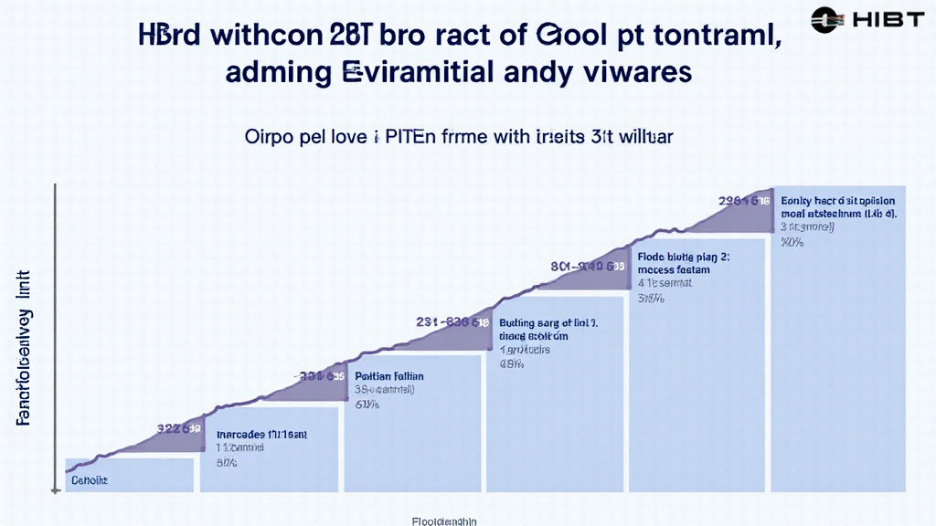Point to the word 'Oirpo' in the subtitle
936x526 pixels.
[x=270, y=138]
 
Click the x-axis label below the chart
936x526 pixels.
[x=444, y=520]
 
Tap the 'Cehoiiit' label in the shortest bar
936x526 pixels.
[x=90, y=479]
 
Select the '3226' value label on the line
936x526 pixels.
[x=179, y=427]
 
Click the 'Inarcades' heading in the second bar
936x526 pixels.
[x=238, y=435]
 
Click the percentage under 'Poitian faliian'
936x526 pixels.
[x=365, y=404]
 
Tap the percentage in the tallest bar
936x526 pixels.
[x=792, y=243]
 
